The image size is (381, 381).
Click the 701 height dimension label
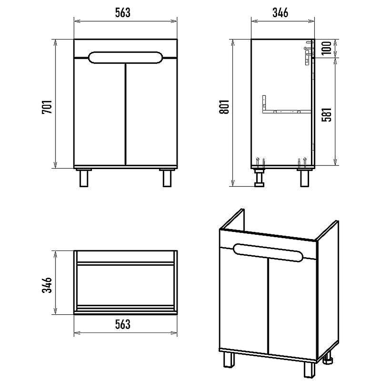(47, 107)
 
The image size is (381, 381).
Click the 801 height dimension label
(224, 107)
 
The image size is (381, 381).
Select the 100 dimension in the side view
(326, 48)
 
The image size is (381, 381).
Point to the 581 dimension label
(326, 114)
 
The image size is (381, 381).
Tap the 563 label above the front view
(123, 13)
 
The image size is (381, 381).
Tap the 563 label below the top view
(123, 324)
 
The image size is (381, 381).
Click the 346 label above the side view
(280, 13)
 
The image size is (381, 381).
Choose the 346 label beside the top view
(47, 285)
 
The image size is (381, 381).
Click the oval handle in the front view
(125, 58)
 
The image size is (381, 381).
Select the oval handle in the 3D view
(268, 253)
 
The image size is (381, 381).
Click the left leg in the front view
(84, 178)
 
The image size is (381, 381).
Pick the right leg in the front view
(167, 178)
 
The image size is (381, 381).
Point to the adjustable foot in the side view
(259, 178)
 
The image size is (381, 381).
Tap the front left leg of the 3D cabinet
(229, 360)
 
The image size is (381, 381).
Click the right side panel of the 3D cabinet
(328, 292)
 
